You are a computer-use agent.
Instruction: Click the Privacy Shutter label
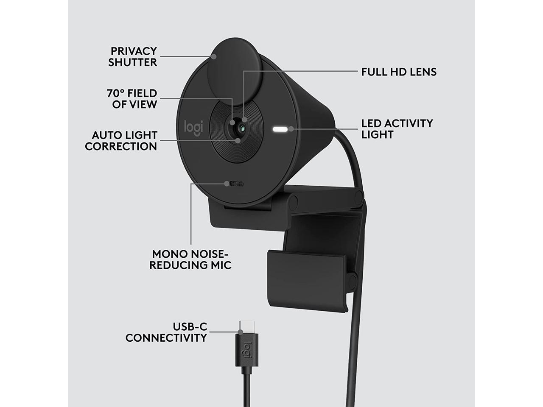[132, 57]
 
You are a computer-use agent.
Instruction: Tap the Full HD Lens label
[399, 72]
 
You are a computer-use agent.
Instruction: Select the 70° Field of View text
[132, 99]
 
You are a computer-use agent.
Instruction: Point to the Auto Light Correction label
[121, 141]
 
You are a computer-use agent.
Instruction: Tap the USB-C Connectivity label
[166, 332]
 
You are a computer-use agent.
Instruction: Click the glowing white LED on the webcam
[280, 129]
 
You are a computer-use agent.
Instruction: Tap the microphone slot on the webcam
[235, 184]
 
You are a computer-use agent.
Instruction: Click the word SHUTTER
[132, 62]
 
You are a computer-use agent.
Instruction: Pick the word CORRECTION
[121, 147]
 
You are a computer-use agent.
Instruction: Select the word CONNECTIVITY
[166, 338]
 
